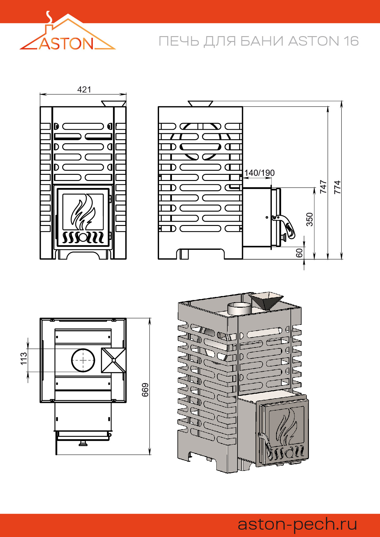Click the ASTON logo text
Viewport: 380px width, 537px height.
(x=66, y=43)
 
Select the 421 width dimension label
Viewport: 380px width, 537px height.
(x=84, y=89)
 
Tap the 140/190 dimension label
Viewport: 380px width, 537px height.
(x=259, y=173)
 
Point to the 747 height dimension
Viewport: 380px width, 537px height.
(x=323, y=186)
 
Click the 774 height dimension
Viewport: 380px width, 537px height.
(x=337, y=187)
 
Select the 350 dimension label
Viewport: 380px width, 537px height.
(x=310, y=219)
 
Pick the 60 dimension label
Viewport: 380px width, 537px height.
(x=299, y=253)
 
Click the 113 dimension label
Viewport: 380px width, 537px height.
(x=24, y=359)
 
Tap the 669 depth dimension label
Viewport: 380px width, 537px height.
(x=145, y=390)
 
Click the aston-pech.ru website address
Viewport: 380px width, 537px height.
(x=297, y=524)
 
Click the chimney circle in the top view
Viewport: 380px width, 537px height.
(x=83, y=360)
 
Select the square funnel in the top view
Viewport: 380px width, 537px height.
(x=113, y=360)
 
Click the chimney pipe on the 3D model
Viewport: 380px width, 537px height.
(x=239, y=308)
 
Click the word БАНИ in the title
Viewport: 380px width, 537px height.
(x=262, y=41)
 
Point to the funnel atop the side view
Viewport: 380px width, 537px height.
(x=200, y=103)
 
